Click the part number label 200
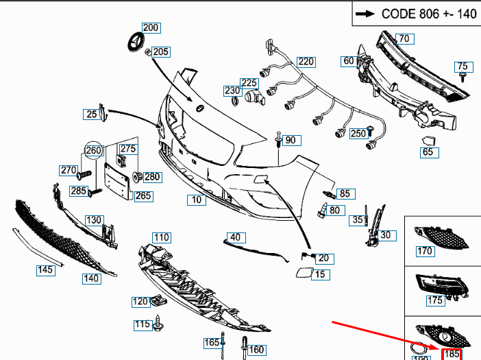(x=150, y=28)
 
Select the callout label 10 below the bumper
(x=197, y=200)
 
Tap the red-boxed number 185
(x=452, y=354)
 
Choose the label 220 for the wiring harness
(x=306, y=62)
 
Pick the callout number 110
(x=161, y=237)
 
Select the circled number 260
(x=93, y=150)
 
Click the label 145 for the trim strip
(x=45, y=270)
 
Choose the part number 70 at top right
(x=404, y=38)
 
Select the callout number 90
(x=291, y=140)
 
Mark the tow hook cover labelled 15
(x=301, y=275)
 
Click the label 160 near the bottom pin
(x=256, y=350)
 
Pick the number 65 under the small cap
(x=428, y=152)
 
